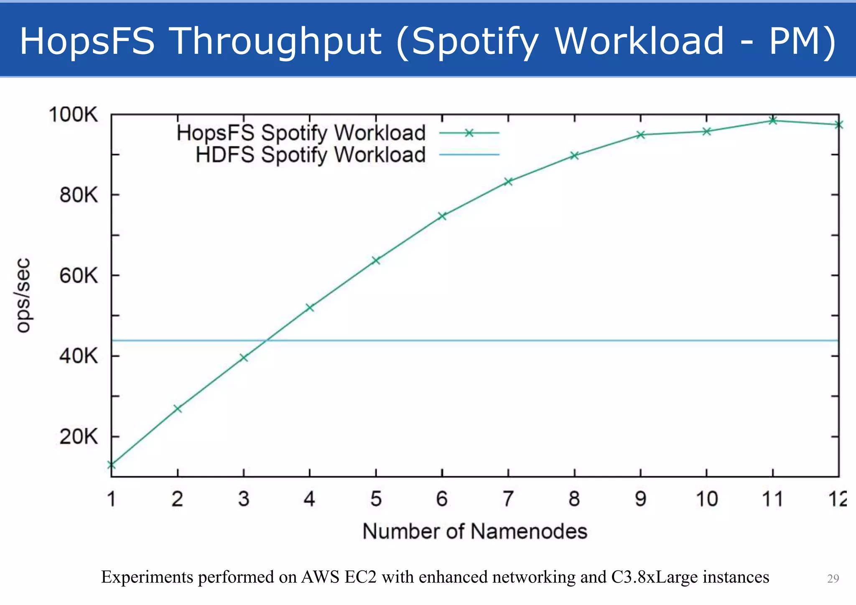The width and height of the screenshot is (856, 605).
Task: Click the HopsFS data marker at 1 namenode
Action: pos(111,465)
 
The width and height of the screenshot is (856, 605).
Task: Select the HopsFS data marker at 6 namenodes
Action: pos(442,216)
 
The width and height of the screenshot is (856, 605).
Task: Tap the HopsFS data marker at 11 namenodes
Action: pos(773,121)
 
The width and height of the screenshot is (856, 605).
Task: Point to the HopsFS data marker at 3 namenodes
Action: pos(244,358)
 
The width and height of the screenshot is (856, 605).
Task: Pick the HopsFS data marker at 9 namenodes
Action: pos(641,135)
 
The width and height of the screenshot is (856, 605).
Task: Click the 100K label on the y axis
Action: pos(73,114)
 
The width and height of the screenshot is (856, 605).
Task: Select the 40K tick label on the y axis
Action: pos(79,356)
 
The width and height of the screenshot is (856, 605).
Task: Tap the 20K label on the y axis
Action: pos(79,437)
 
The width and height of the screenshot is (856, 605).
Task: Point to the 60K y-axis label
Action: pos(79,276)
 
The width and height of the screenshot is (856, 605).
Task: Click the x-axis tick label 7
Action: pos(508,499)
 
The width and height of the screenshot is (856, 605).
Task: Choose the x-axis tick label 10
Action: pos(707,499)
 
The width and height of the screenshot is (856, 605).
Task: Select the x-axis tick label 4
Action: pos(309,499)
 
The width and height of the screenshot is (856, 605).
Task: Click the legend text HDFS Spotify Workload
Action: pos(311,155)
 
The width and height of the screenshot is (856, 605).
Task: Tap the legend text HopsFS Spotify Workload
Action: pos(301,133)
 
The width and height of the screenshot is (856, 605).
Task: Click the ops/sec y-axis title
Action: pos(23,295)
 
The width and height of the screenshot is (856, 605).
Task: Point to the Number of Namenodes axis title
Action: pos(475,531)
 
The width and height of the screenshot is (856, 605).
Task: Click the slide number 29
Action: pos(833,578)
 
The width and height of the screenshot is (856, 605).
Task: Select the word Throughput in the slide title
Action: pos(276,41)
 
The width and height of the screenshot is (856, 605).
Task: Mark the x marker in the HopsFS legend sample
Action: pos(469,133)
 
